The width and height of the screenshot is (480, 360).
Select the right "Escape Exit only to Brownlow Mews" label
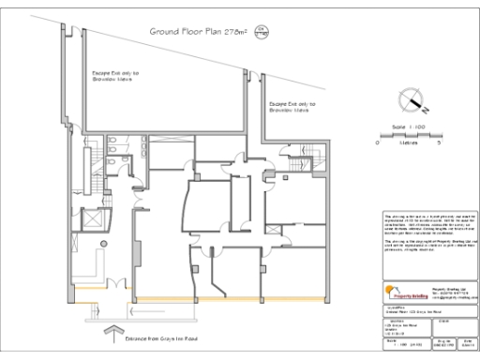(x=292, y=107)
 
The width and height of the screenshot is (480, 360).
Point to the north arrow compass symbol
(x=410, y=99)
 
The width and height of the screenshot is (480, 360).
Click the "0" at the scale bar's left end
(x=378, y=143)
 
